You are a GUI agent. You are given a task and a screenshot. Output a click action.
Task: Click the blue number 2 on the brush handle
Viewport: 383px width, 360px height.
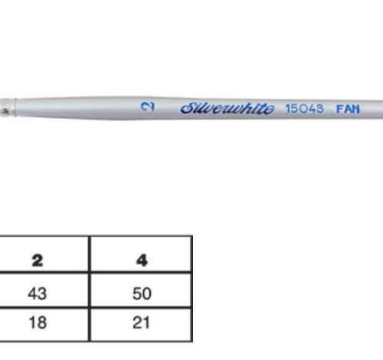pyautogui.click(x=148, y=106)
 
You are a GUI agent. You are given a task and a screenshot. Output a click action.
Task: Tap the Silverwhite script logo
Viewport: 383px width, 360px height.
pyautogui.click(x=228, y=108)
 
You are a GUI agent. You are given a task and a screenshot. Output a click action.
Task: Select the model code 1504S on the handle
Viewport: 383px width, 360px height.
pyautogui.click(x=304, y=109)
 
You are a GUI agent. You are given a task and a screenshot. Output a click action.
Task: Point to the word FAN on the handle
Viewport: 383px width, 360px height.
pyautogui.click(x=348, y=110)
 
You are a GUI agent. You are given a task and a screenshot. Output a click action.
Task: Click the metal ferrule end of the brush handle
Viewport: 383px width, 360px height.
pyautogui.click(x=8, y=107)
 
